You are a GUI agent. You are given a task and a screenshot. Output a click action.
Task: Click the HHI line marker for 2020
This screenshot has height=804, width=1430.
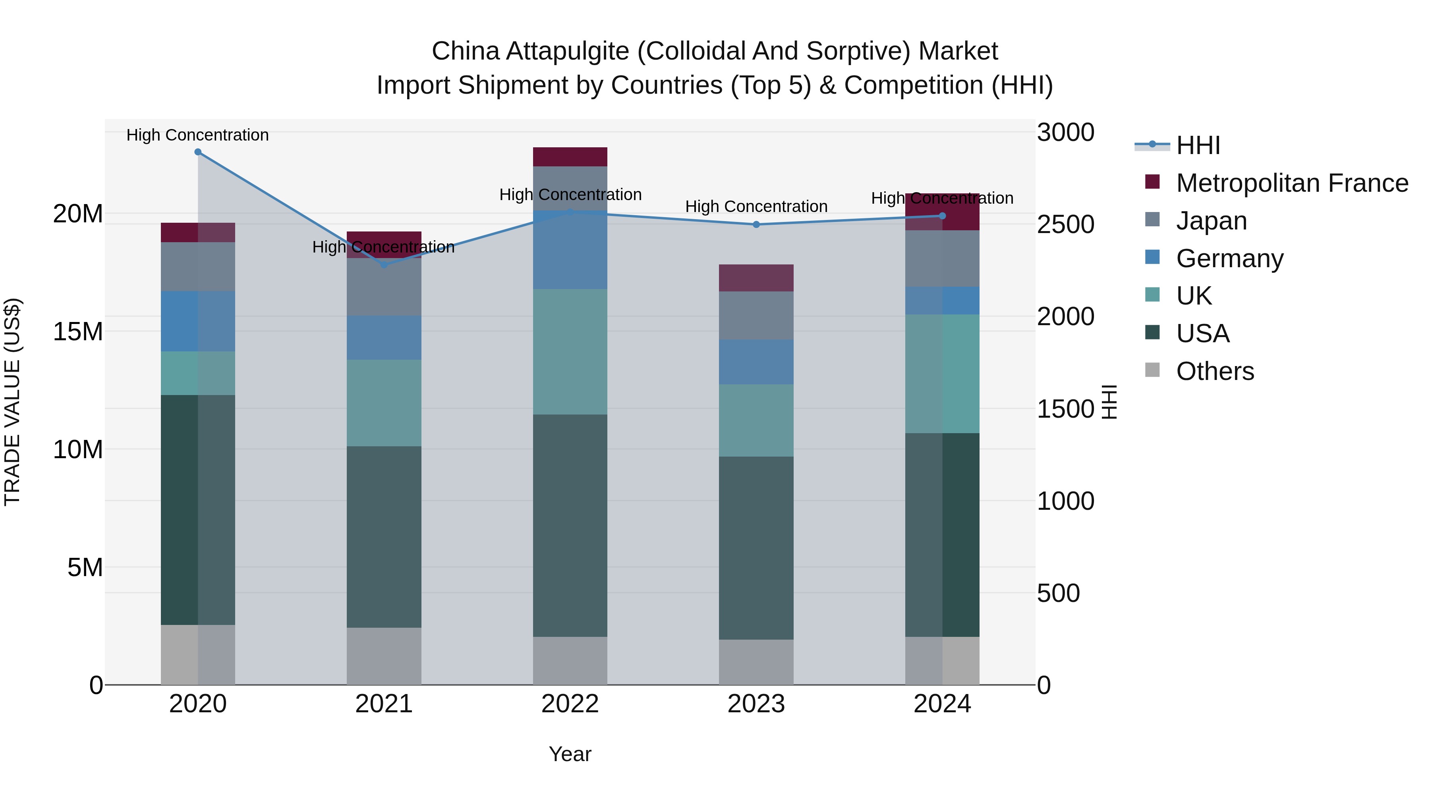pyautogui.click(x=198, y=152)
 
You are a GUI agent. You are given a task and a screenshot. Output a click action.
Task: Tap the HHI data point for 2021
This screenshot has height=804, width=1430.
pyautogui.click(x=384, y=265)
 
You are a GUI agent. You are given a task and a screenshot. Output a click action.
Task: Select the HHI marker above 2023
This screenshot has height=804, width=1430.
pyautogui.click(x=756, y=225)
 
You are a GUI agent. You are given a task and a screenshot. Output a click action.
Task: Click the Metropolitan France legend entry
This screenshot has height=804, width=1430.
pyautogui.click(x=1291, y=183)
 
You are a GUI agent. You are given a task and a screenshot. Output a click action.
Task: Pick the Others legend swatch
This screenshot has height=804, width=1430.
pyautogui.click(x=1152, y=370)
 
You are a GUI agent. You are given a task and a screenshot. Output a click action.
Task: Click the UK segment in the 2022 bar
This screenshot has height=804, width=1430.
pyautogui.click(x=570, y=352)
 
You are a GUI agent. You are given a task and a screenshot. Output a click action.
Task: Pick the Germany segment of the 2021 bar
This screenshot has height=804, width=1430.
pyautogui.click(x=384, y=338)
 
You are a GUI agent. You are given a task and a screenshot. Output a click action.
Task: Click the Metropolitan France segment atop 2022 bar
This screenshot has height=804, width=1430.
pyautogui.click(x=570, y=157)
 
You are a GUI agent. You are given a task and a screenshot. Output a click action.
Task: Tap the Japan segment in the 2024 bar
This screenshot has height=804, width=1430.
pyautogui.click(x=942, y=258)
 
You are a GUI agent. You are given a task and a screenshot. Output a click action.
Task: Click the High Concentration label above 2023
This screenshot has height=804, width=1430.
pyautogui.click(x=756, y=206)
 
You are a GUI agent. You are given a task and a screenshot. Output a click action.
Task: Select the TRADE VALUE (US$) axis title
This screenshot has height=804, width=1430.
pyautogui.click(x=12, y=402)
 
